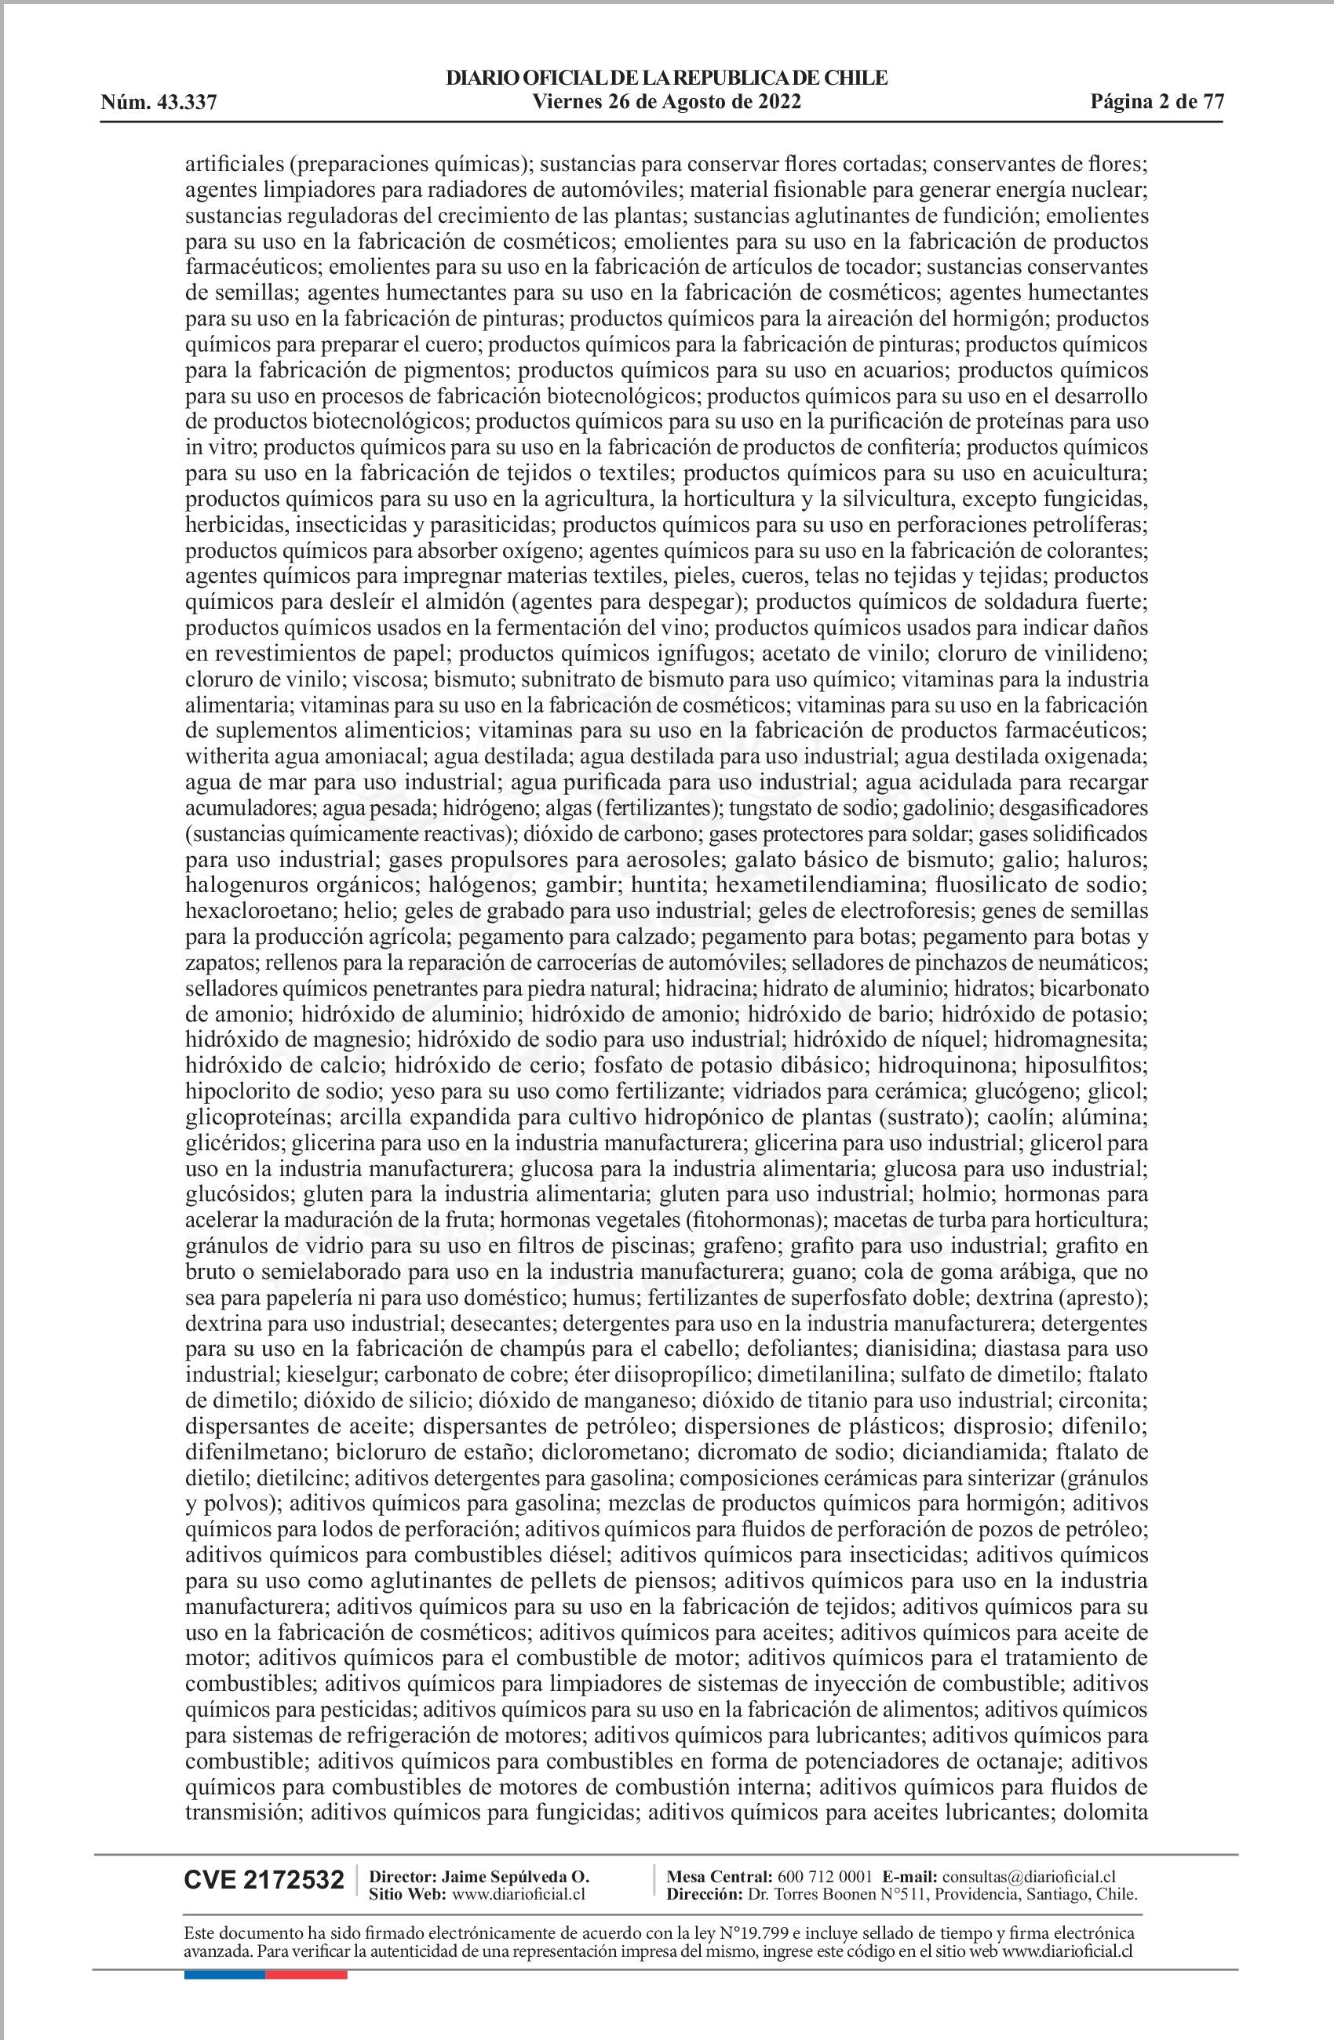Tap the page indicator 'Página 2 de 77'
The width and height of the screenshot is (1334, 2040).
(x=1157, y=102)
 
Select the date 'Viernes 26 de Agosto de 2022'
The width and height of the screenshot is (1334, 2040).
(x=666, y=102)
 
